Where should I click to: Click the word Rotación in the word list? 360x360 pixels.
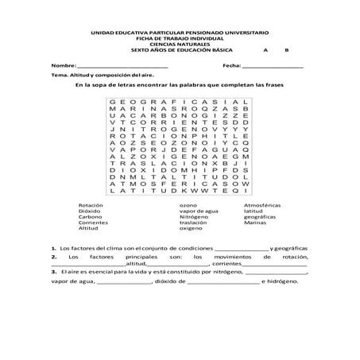(x=90, y=204)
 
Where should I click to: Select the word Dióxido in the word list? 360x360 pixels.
(x=89, y=211)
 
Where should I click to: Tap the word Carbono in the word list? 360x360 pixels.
(x=90, y=216)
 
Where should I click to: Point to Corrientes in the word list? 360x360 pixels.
(x=92, y=223)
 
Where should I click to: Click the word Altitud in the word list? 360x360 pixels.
(x=88, y=228)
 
